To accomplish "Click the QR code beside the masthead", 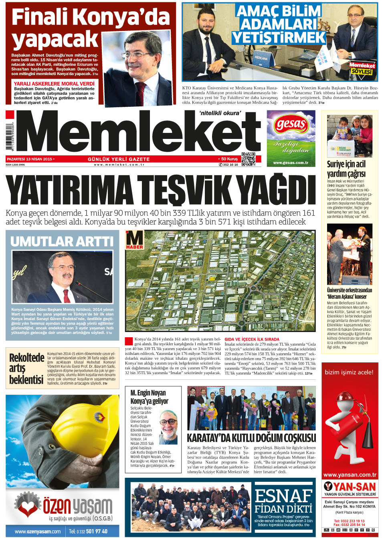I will (249, 159).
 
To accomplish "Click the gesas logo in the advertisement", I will (291, 125).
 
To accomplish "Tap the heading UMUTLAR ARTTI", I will (62, 241).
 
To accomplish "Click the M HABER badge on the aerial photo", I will (134, 240).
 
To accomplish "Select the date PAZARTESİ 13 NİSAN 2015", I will (30, 159).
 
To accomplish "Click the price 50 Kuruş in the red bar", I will (229, 159).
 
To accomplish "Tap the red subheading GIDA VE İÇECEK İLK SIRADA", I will (252, 339).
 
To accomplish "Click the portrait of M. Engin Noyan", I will (168, 426).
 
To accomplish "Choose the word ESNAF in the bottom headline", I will (283, 496).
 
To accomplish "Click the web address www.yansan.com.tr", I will (350, 475).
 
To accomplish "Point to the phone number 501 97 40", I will (97, 531).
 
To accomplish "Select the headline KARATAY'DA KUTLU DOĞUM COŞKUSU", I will (251, 438).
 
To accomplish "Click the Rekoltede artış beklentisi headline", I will (26, 369).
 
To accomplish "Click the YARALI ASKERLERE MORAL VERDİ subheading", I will (54, 84).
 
